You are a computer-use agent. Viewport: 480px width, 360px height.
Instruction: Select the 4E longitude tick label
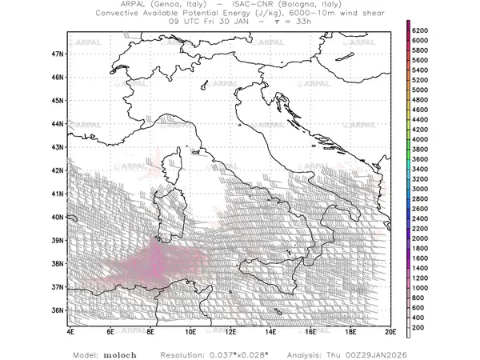tap(70, 330)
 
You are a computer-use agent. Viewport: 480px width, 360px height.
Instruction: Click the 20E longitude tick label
tap(390, 330)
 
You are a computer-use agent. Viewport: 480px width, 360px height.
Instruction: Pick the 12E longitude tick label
tap(230, 330)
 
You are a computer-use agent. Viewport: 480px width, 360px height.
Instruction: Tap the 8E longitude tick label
tap(150, 330)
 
